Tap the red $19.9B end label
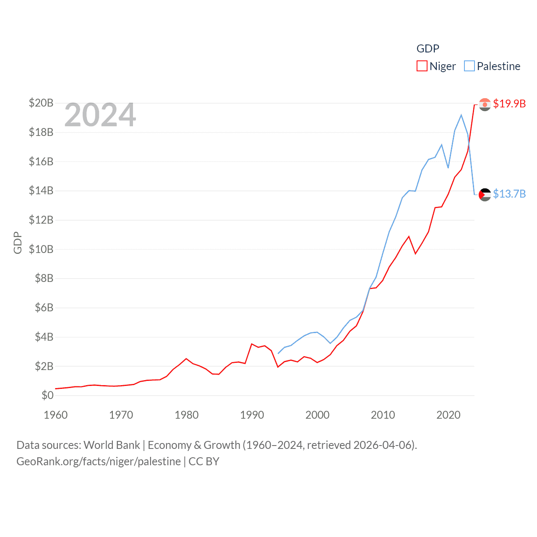coord(509,104)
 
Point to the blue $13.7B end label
coord(509,194)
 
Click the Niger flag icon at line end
coord(485,104)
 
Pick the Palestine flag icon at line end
coord(485,195)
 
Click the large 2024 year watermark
coord(100,115)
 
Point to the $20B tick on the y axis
coord(41,103)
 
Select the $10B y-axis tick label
coord(41,249)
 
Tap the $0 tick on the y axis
coord(47,395)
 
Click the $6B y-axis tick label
coord(44,308)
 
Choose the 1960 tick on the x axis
coord(56,415)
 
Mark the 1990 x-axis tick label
coord(252,415)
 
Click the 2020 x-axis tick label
coord(448,415)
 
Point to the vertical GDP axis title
coord(18,242)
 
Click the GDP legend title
coord(428,49)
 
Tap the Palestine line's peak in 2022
coord(461,115)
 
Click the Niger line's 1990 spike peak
coord(252,344)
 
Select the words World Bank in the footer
coord(112,445)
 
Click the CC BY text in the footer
coord(204,461)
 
